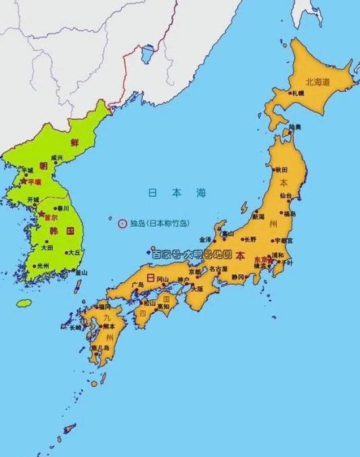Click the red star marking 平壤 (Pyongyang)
[24, 182]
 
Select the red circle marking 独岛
[122, 222]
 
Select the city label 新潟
[258, 217]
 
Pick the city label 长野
[250, 239]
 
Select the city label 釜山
[81, 272]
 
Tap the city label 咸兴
[56, 157]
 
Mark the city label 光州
[43, 265]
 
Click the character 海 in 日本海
[200, 193]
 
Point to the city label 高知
[162, 306]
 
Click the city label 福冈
[107, 314]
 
